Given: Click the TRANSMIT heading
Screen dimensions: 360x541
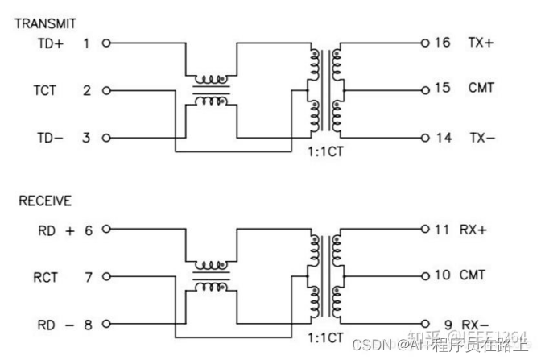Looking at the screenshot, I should tap(46, 23).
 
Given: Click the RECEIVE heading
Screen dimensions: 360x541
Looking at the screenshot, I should tap(44, 201).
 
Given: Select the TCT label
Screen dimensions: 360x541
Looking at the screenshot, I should tap(45, 90).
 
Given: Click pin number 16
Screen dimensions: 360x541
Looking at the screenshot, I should tap(442, 43).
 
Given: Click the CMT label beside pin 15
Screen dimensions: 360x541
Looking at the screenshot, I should tap(481, 88).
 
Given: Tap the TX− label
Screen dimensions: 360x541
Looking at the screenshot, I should tap(482, 138).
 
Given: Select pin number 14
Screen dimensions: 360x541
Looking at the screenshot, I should tap(444, 138).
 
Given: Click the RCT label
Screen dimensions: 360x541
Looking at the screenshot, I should tap(45, 277).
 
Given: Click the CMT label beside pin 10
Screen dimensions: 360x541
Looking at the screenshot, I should tap(473, 275).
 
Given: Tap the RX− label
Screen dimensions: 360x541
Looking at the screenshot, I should tap(473, 325).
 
